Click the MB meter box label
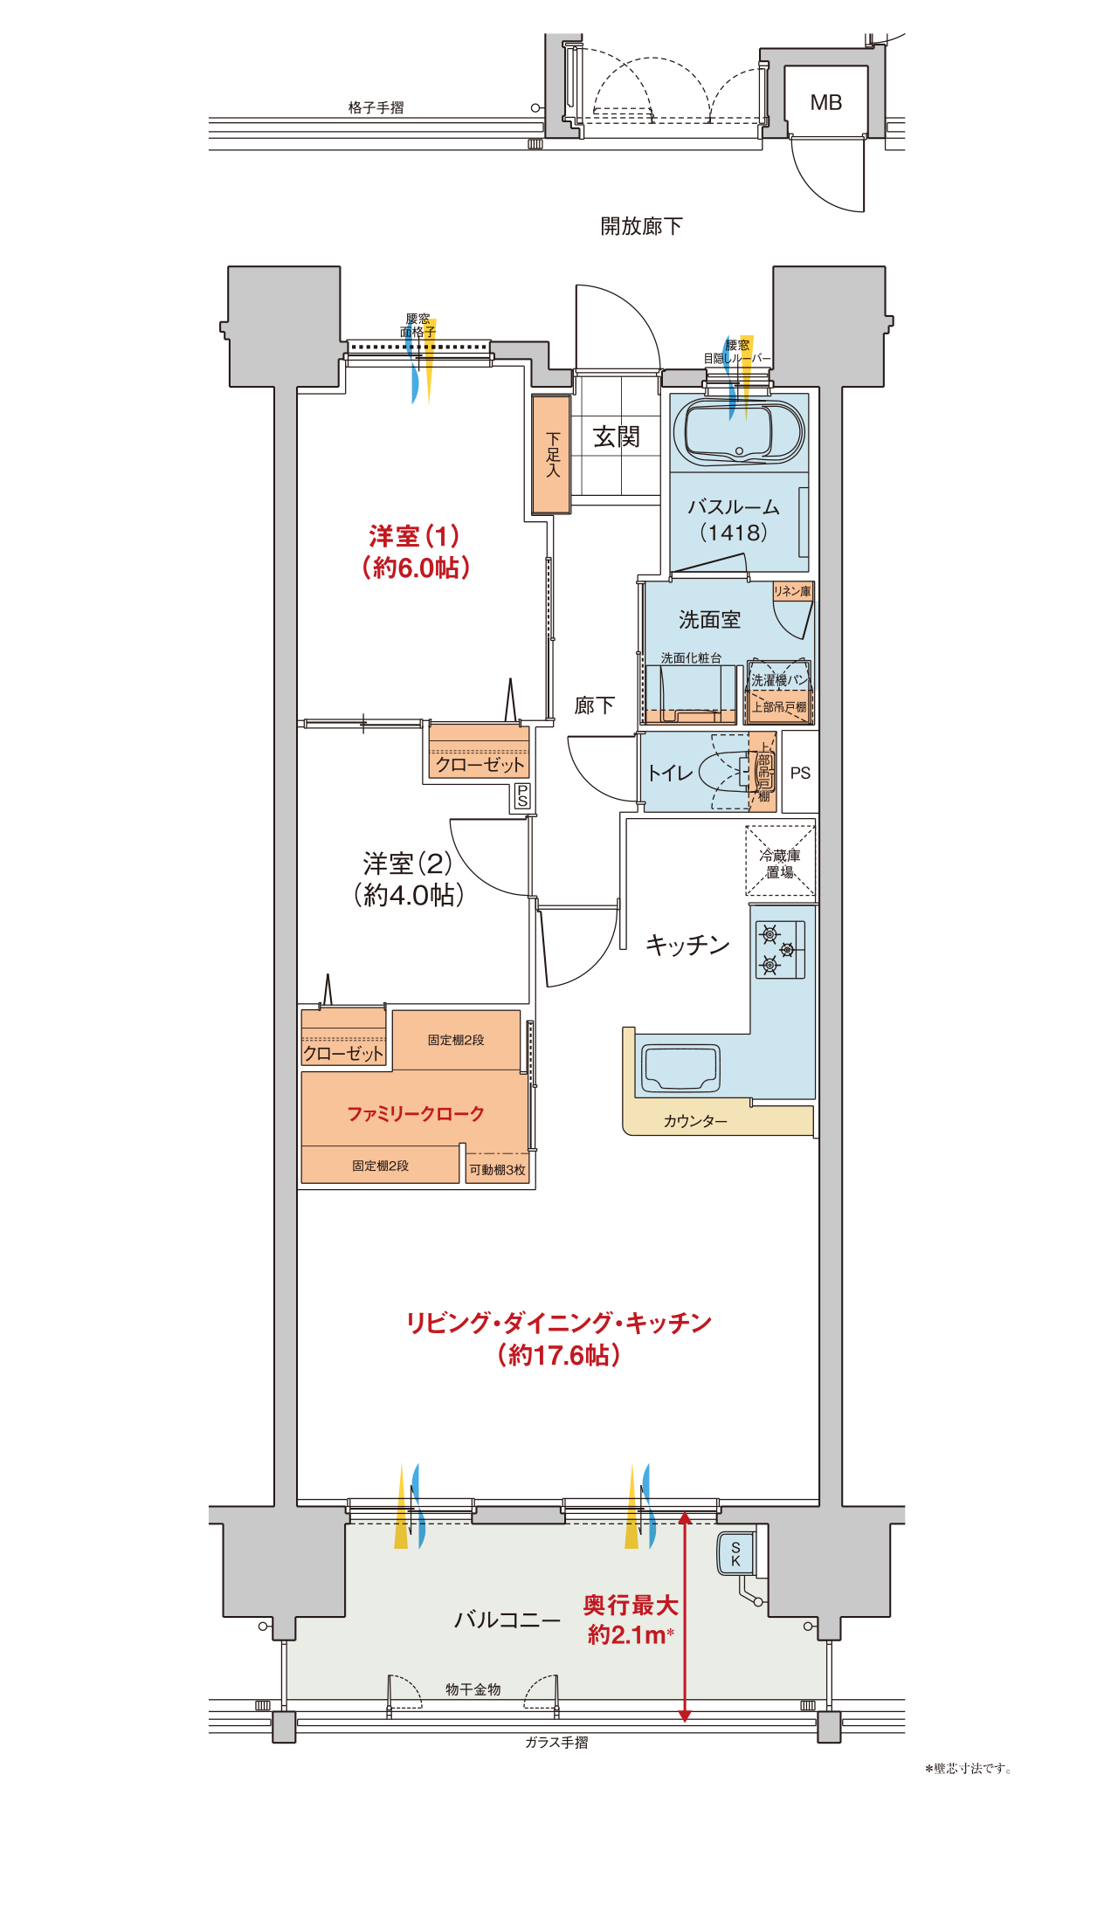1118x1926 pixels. click(825, 103)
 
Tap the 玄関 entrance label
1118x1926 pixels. click(617, 437)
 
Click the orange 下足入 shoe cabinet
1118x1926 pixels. click(551, 454)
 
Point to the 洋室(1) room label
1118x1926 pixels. click(415, 552)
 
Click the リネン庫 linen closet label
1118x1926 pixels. click(792, 591)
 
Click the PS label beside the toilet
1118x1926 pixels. click(800, 774)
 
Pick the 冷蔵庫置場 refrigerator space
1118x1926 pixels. click(780, 862)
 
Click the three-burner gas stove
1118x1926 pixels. click(780, 949)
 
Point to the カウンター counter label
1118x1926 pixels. click(695, 1121)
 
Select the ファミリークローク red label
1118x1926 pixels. click(416, 1113)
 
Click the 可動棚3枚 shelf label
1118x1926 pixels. click(498, 1170)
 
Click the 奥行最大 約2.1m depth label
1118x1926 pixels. click(631, 1620)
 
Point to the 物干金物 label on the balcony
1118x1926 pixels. click(473, 1689)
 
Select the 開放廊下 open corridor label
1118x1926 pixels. click(641, 226)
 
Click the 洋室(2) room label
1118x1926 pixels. click(408, 879)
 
